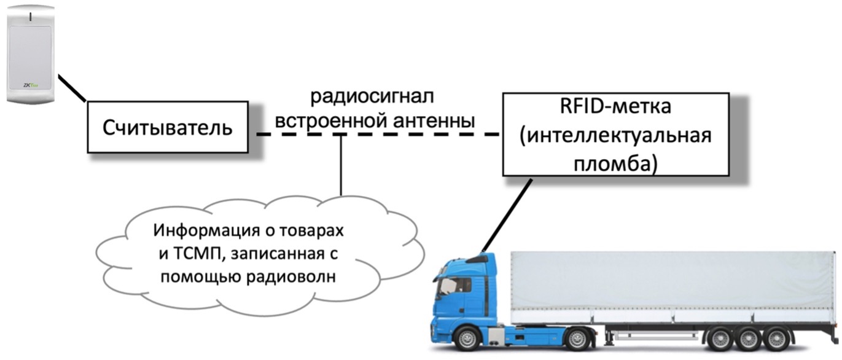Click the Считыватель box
(167, 128)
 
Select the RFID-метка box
(615, 135)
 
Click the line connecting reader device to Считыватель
(72, 88)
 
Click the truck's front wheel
(468, 338)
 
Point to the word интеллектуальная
(615, 135)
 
